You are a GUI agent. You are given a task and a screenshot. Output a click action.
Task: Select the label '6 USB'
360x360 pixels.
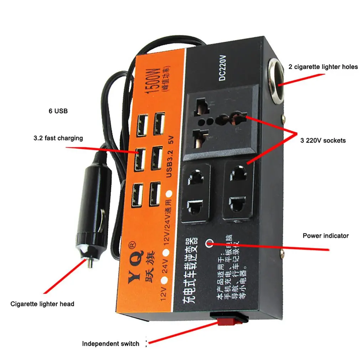pyautogui.click(x=58, y=111)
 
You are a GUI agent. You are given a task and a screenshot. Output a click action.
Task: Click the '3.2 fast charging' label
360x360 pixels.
pyautogui.click(x=58, y=138)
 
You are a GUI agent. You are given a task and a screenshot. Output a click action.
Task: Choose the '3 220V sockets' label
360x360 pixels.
pyautogui.click(x=323, y=140)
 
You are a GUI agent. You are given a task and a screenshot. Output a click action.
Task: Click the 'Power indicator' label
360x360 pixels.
pyautogui.click(x=325, y=236)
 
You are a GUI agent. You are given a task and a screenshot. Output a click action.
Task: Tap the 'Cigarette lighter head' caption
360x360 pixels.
pyautogui.click(x=42, y=304)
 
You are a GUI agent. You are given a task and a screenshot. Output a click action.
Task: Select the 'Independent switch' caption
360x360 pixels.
pyautogui.click(x=110, y=344)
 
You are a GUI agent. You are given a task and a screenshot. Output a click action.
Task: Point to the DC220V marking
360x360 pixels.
pyautogui.click(x=222, y=70)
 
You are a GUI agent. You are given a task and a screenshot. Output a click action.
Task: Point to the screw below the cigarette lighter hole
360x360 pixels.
pyautogui.click(x=284, y=116)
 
